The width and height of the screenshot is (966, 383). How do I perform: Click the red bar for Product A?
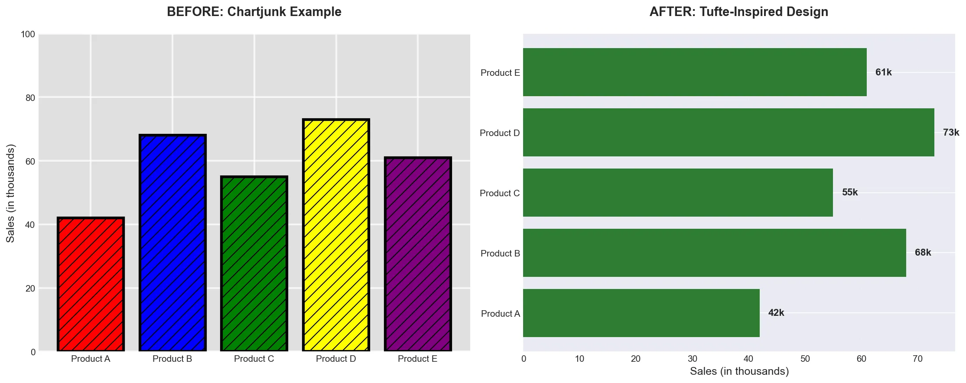pyautogui.click(x=91, y=284)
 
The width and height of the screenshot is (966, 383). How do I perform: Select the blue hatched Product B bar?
pyautogui.click(x=172, y=243)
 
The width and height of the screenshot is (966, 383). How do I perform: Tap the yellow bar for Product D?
pyautogui.click(x=336, y=235)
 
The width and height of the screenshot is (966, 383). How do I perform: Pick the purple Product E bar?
pyautogui.click(x=418, y=254)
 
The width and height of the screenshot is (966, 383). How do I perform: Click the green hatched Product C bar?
pyautogui.click(x=254, y=264)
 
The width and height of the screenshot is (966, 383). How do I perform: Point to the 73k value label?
pyautogui.click(x=951, y=133)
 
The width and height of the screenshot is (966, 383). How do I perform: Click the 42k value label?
pyautogui.click(x=776, y=313)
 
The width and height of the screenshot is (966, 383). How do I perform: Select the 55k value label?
pyautogui.click(x=849, y=192)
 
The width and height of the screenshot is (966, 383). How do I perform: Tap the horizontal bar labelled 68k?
pyautogui.click(x=714, y=253)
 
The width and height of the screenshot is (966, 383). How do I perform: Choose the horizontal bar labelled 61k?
pyautogui.click(x=694, y=72)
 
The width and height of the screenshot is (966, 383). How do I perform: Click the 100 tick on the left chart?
pyautogui.click(x=28, y=34)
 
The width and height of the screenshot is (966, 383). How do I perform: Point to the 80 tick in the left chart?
pyautogui.click(x=30, y=98)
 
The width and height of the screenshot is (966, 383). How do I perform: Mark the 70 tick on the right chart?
pyautogui.click(x=917, y=359)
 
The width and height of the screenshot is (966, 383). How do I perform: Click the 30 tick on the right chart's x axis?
pyautogui.click(x=692, y=359)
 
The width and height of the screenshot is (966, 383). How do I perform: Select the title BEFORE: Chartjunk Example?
pyautogui.click(x=254, y=12)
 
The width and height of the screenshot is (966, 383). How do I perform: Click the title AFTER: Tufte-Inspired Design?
pyautogui.click(x=738, y=12)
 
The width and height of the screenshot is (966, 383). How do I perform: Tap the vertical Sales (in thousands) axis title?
pyautogui.click(x=11, y=193)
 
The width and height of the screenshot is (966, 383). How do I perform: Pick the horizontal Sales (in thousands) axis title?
pyautogui.click(x=739, y=371)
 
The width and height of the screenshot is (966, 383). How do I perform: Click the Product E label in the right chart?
pyautogui.click(x=500, y=73)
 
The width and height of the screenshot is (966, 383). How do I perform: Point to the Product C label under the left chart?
pyautogui.click(x=254, y=359)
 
